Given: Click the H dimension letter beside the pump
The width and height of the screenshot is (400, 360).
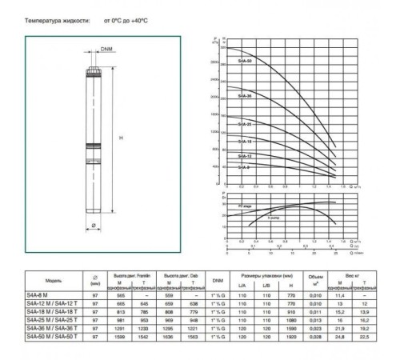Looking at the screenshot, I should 121,139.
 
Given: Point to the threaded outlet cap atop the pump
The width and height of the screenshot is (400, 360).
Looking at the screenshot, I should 90,70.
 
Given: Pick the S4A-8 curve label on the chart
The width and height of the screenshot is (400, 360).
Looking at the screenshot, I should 244,167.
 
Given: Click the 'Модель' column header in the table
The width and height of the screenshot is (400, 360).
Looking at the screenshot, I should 54,280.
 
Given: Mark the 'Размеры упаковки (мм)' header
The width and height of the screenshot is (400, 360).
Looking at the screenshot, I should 267,275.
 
